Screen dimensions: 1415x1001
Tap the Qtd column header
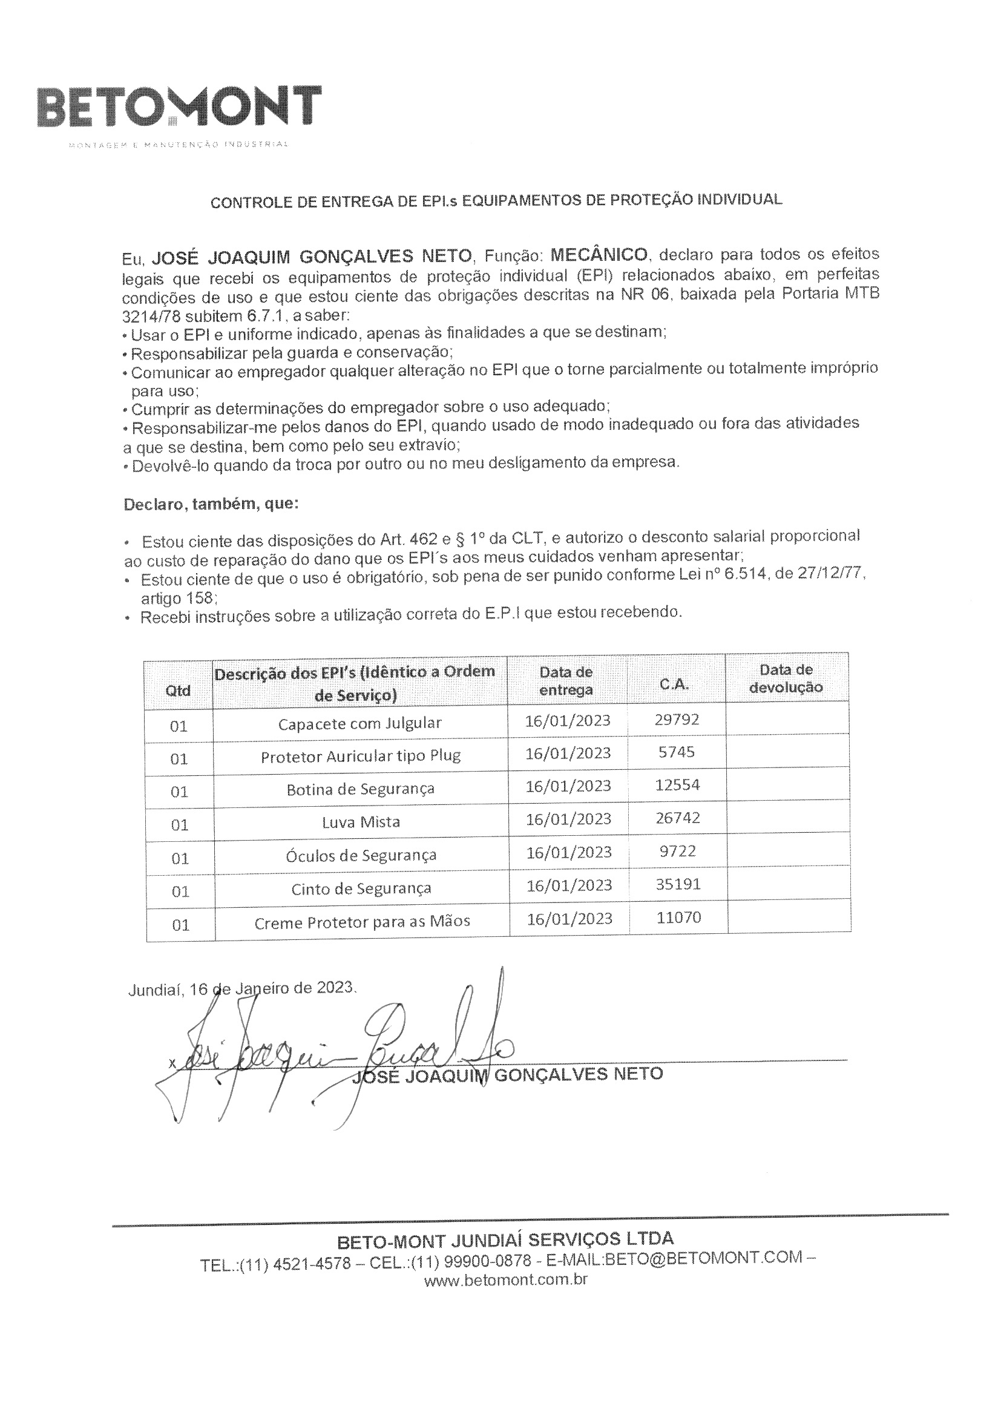tap(178, 690)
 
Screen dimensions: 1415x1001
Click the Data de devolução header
tap(786, 678)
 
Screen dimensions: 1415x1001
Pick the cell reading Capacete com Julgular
tap(360, 723)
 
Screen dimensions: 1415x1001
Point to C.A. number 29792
tap(677, 720)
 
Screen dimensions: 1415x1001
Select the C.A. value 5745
tap(677, 752)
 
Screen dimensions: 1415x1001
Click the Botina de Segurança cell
tap(361, 789)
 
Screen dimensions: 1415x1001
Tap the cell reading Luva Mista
tap(361, 822)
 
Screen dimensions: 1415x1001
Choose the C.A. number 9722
tap(677, 851)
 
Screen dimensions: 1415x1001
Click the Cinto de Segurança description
tap(361, 888)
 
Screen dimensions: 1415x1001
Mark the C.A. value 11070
tap(678, 918)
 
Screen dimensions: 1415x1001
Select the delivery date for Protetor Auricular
tap(568, 753)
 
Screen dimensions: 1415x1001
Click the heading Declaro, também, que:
tap(211, 504)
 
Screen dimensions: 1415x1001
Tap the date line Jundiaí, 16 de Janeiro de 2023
tap(242, 989)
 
